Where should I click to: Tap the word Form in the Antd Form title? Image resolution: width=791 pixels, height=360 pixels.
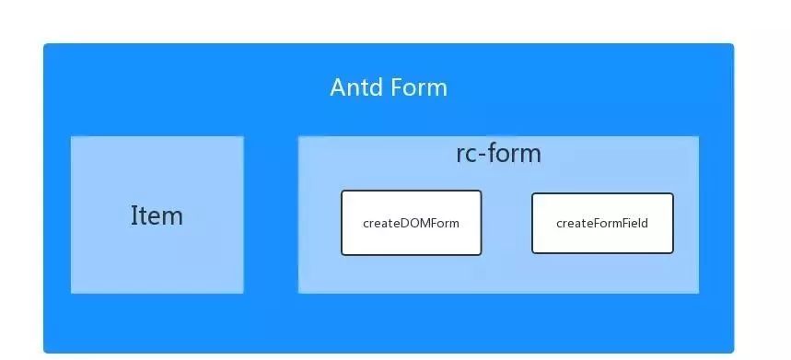[x=418, y=87]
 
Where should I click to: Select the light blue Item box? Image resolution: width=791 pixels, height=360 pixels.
[x=157, y=215]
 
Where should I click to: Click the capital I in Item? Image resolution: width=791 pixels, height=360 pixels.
[x=134, y=215]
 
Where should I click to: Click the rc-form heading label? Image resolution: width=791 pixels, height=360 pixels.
[x=498, y=154]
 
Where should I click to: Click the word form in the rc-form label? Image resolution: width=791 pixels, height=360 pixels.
[x=514, y=154]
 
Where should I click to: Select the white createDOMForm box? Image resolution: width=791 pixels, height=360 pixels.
[x=411, y=223]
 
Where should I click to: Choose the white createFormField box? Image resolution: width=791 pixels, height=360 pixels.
[x=602, y=223]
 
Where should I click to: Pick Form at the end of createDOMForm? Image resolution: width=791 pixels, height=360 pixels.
[x=446, y=223]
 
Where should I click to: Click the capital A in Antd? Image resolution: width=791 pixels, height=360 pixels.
[x=338, y=87]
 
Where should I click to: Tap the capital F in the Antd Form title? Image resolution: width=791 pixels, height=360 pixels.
[x=396, y=87]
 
